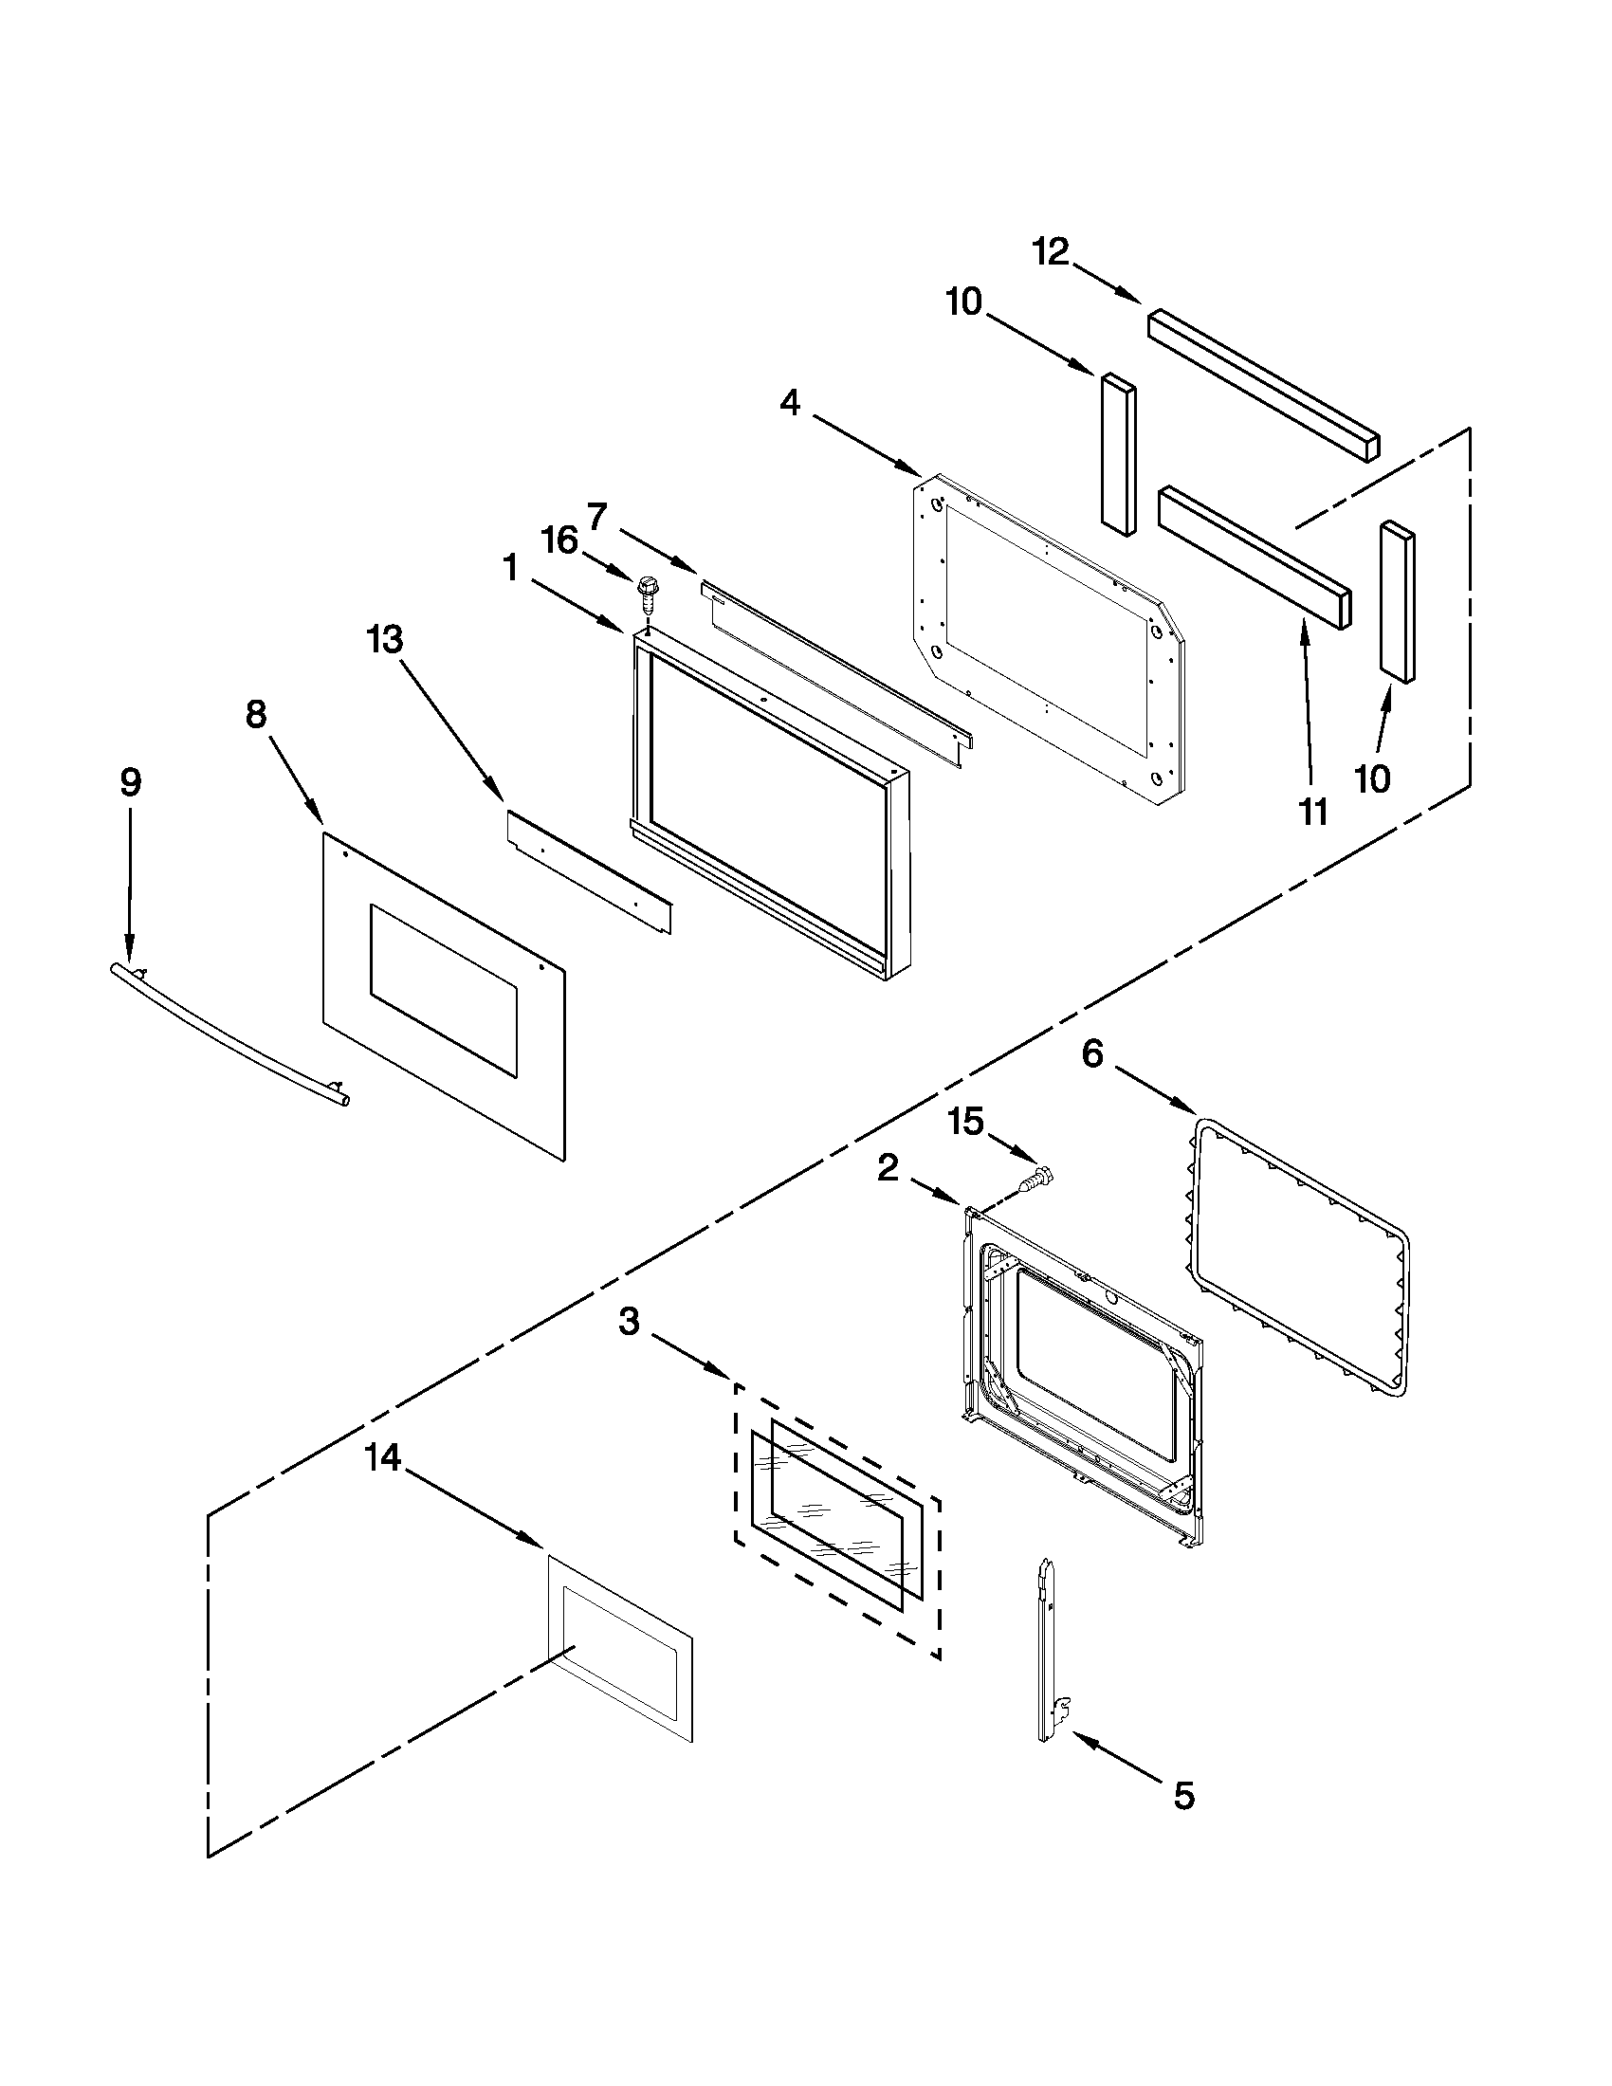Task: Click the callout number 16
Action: pos(560,540)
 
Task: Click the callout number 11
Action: pos(1313,813)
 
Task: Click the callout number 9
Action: pos(131,782)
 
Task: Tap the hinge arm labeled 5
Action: pos(1051,1651)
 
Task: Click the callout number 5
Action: pos(1183,1797)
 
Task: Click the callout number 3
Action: pos(629,1323)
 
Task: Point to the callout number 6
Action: pos(1092,1054)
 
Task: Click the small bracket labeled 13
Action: pos(587,872)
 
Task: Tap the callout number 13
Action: pos(385,639)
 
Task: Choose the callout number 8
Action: pos(256,713)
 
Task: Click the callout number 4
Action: pos(790,404)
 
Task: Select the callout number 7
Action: pos(596,517)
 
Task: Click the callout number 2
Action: pos(888,1167)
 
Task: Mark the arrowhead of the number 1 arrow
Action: pos(622,627)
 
